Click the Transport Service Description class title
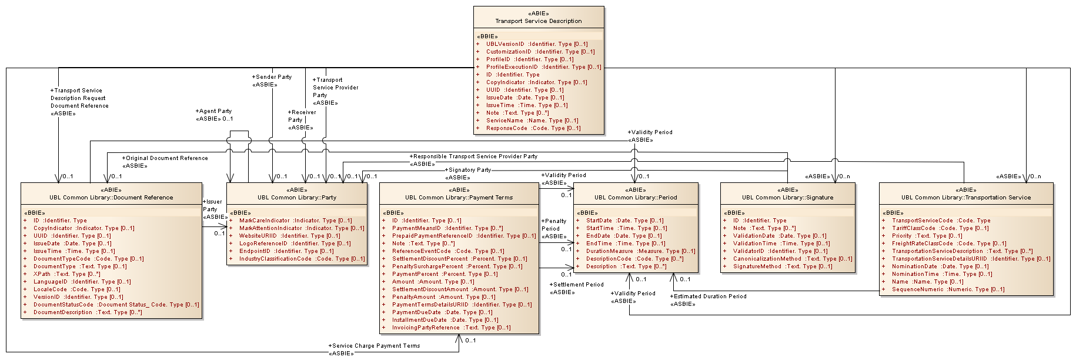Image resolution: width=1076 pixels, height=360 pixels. pyautogui.click(x=538, y=21)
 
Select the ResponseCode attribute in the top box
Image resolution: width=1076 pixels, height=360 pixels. pyautogui.click(x=533, y=128)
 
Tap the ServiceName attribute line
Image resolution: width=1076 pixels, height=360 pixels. pyautogui.click(x=532, y=121)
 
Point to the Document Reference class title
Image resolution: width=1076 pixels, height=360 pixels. pyautogui.click(x=111, y=198)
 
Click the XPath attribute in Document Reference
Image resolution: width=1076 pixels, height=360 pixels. pyautogui.click(x=66, y=274)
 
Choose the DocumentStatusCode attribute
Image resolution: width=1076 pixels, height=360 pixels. pyautogui.click(x=116, y=305)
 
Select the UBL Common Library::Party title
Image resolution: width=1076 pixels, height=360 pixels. pyautogui.click(x=296, y=198)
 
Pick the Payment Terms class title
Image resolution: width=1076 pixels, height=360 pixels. pyautogui.click(x=459, y=198)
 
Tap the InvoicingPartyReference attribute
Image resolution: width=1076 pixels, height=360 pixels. pyautogui.click(x=451, y=328)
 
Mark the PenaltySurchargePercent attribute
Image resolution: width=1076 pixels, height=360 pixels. pyautogui.click(x=457, y=266)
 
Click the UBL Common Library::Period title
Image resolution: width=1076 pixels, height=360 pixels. pyautogui.click(x=635, y=198)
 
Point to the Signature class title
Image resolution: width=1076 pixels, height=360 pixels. pyautogui.click(x=787, y=198)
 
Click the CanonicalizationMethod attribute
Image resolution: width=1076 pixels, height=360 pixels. pyautogui.click(x=792, y=259)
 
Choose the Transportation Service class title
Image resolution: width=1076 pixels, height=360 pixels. pyautogui.click(x=965, y=198)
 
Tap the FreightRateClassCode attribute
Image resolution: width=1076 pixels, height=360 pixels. pyautogui.click(x=948, y=244)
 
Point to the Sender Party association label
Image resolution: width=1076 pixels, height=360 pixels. pyautogui.click(x=273, y=77)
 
